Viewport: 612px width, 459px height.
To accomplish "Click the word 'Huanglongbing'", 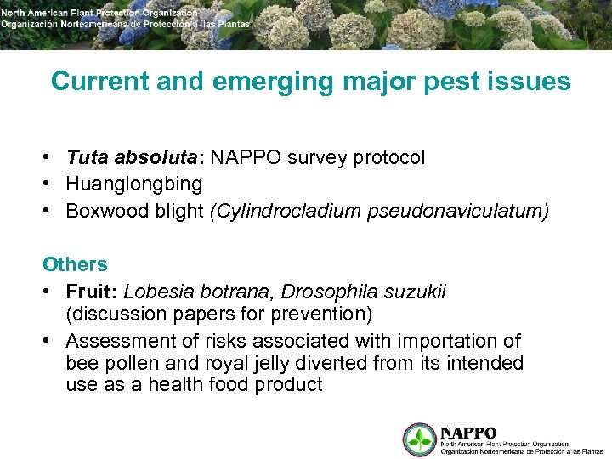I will [x=134, y=184].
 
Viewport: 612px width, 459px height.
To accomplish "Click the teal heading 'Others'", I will [x=76, y=264].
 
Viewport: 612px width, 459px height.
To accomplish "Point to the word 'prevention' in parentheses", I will [x=321, y=314].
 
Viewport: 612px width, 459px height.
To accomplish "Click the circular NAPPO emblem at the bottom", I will [x=419, y=439].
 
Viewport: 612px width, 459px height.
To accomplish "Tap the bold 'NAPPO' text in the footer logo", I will [x=468, y=433].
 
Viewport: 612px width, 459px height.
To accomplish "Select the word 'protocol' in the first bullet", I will [x=388, y=158].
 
